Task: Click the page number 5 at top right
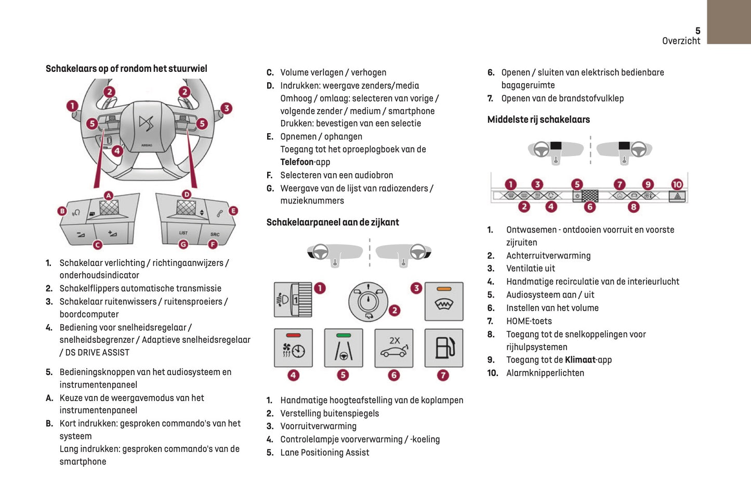(x=697, y=31)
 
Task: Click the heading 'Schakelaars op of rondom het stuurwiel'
(x=126, y=69)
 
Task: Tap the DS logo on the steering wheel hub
(x=146, y=125)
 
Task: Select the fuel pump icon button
(x=443, y=348)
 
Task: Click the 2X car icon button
(x=394, y=348)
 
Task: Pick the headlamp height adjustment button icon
(x=293, y=300)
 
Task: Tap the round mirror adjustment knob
(x=368, y=302)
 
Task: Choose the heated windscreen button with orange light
(x=443, y=302)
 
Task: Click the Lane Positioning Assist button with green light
(x=343, y=348)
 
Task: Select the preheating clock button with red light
(x=293, y=348)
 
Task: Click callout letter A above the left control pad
(x=109, y=196)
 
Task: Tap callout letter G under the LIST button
(x=183, y=244)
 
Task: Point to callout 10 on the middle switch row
(x=677, y=185)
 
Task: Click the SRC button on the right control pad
(x=215, y=234)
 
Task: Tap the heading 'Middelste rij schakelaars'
(x=538, y=120)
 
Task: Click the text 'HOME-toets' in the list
(x=529, y=322)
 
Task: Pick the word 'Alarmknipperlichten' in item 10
(x=545, y=373)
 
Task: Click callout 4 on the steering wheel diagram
(x=117, y=151)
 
